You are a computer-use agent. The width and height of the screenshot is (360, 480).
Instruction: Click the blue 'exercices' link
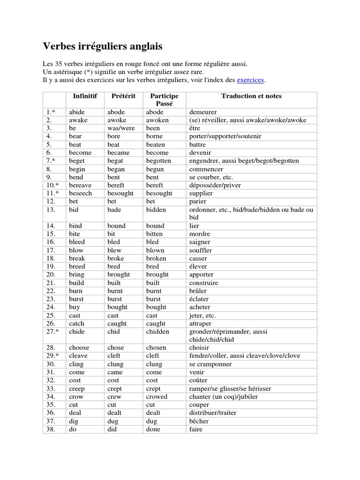tap(251, 80)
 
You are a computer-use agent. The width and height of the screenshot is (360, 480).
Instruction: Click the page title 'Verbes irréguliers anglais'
tap(103, 46)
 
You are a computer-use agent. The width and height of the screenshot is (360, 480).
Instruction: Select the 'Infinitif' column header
tap(85, 96)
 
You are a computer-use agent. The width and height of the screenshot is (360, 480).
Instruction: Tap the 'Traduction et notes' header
tap(251, 96)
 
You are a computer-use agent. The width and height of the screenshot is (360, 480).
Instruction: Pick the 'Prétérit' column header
tap(123, 96)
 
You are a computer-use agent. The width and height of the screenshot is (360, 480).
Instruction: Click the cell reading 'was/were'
tap(121, 128)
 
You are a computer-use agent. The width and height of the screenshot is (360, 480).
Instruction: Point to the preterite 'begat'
tap(116, 161)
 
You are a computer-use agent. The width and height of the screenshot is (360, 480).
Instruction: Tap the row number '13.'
tap(51, 210)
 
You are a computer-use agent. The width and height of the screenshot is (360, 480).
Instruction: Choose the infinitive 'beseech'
tap(80, 193)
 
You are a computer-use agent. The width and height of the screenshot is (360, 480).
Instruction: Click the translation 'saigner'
tap(199, 242)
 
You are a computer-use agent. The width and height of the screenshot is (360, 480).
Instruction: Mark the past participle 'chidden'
tap(157, 331)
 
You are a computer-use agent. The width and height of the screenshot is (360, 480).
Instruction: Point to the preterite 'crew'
tap(114, 397)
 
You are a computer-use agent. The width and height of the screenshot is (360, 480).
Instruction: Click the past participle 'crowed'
tap(157, 397)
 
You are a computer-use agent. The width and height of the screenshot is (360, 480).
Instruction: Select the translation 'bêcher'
tap(199, 421)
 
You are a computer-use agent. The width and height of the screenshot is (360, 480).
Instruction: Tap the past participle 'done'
tap(153, 429)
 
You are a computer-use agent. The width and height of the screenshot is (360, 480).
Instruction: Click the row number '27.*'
tap(53, 331)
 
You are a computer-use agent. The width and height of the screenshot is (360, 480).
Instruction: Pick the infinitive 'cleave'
tap(79, 356)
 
